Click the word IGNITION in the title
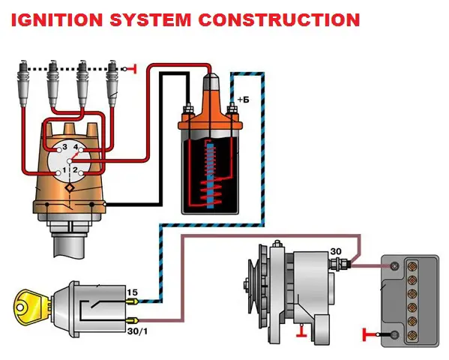(x=57, y=20)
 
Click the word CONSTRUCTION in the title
(x=279, y=20)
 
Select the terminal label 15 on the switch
(x=132, y=292)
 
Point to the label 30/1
(x=138, y=331)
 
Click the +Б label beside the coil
(x=244, y=100)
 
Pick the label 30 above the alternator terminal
(x=336, y=251)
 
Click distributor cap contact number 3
(x=59, y=150)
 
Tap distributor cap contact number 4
(x=81, y=150)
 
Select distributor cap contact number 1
(x=58, y=173)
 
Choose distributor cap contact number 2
(x=81, y=173)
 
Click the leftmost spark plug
(x=23, y=83)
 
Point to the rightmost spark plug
(x=112, y=83)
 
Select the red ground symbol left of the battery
(x=369, y=334)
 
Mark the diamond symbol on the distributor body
(x=70, y=188)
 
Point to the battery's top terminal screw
(x=396, y=266)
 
